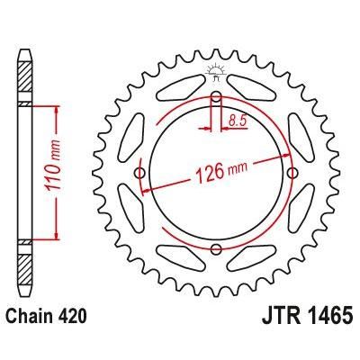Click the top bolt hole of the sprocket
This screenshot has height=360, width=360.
pyautogui.click(x=216, y=96)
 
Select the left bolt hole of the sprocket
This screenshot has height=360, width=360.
pyautogui.click(x=139, y=173)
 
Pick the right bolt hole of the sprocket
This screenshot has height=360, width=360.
pyautogui.click(x=292, y=173)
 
